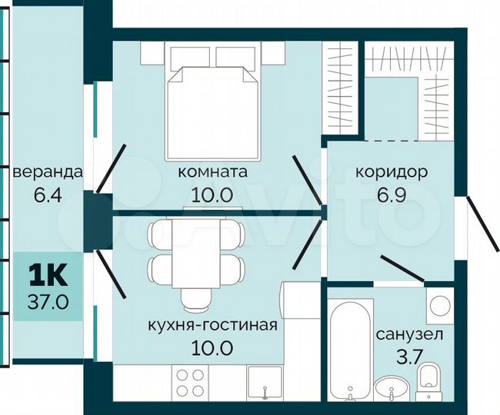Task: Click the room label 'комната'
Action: pyautogui.click(x=212, y=172)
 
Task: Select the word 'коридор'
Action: pyautogui.click(x=391, y=172)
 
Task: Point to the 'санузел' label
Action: pyautogui.click(x=408, y=335)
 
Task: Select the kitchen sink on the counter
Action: pyautogui.click(x=265, y=383)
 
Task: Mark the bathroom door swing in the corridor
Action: pyautogui.click(x=408, y=271)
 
